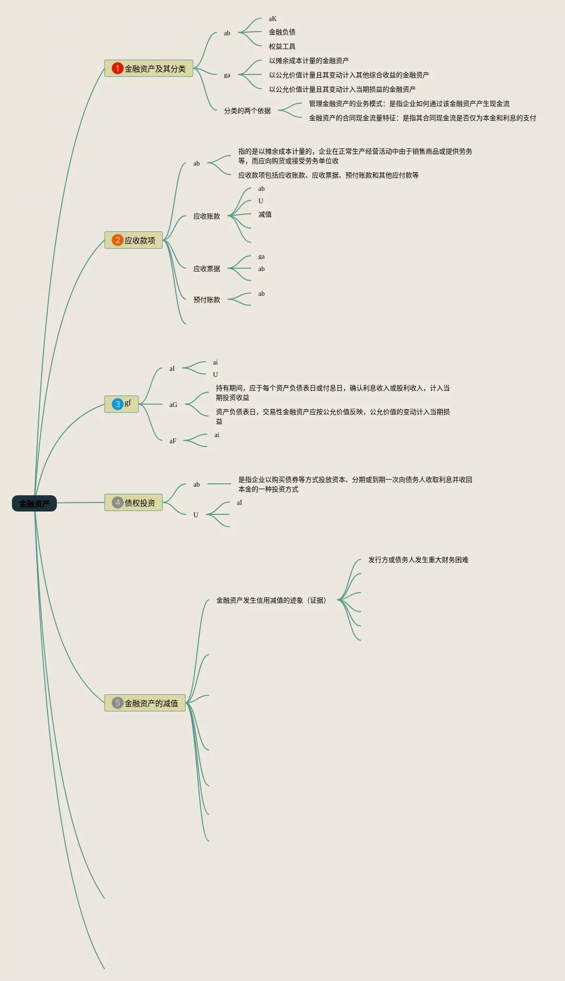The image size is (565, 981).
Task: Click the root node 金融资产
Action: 34,503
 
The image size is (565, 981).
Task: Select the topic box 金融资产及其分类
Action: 149,69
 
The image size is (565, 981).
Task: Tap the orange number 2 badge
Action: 117,240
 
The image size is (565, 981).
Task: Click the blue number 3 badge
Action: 117,404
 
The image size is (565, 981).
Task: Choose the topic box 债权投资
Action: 134,503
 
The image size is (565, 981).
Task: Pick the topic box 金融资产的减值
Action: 145,703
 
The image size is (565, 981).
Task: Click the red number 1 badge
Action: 117,68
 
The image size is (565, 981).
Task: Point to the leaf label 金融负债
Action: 282,32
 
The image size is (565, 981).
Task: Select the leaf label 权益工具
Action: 282,46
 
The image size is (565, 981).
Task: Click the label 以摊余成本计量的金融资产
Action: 309,61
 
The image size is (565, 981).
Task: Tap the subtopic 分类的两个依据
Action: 247,111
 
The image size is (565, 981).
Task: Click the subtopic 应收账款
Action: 206,216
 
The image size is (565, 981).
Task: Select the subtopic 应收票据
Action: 206,269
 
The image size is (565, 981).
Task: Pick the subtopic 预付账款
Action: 206,300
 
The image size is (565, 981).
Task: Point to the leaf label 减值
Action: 265,214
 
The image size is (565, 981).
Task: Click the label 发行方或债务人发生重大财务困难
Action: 418,560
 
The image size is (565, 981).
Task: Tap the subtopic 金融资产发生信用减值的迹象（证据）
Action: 271,600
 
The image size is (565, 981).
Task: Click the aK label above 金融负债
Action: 272,19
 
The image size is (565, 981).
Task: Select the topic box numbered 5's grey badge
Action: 117,703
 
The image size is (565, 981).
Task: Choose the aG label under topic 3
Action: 173,405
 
